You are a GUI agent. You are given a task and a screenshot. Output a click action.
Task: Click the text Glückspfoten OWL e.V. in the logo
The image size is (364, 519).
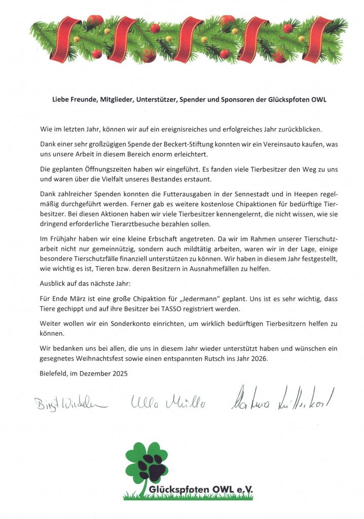pyautogui.click(x=201, y=489)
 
